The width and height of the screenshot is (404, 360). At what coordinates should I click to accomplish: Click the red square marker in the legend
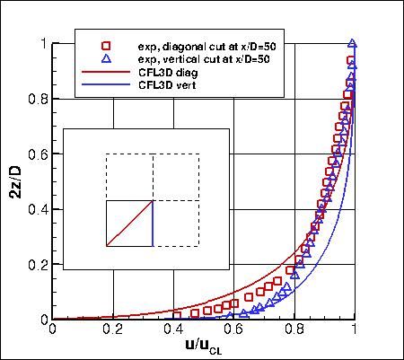coord(105,45)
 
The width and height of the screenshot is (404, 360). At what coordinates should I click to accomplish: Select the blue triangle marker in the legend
coord(105,57)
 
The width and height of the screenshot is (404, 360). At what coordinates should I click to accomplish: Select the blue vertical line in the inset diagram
coord(153,224)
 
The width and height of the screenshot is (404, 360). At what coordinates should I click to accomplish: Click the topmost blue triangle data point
coord(353,43)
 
